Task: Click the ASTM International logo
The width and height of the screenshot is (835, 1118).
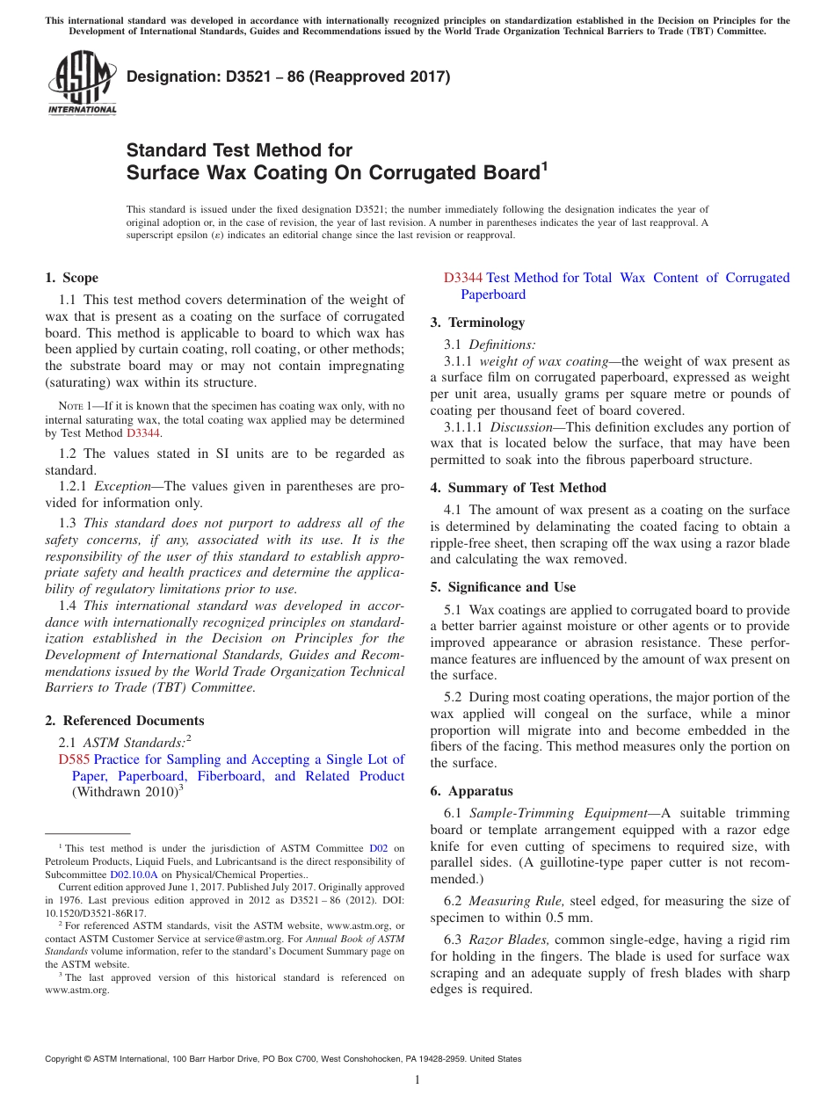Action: point(82,83)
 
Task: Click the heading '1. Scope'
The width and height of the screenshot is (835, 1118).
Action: point(71,278)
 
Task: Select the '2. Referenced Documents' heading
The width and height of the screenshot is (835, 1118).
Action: point(124,721)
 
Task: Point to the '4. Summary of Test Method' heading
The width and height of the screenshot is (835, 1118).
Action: point(518,488)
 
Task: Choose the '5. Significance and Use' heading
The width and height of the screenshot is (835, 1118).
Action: point(503,587)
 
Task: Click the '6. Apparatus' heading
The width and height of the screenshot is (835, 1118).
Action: point(471,791)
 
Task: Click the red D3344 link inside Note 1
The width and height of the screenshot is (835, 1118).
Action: point(143,433)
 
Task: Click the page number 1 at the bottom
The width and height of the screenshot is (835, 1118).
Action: point(417,1079)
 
